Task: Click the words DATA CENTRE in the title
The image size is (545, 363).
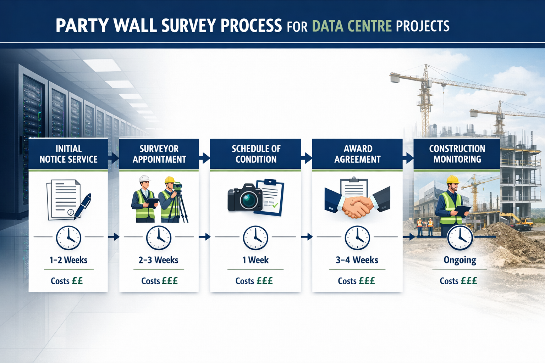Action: coord(352,26)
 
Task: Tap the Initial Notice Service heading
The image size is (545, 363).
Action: coord(68,154)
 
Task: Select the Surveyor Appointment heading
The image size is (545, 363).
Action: coord(159,154)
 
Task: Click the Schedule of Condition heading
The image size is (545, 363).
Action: coord(256,154)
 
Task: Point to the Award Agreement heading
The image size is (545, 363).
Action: coord(358,154)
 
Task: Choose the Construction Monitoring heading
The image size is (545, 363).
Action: coord(457,154)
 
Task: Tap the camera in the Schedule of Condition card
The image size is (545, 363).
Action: coord(245,198)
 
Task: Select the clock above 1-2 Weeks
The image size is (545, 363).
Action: coord(68,238)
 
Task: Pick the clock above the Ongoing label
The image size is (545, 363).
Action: coord(460,238)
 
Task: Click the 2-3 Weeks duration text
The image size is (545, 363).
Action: coord(159,260)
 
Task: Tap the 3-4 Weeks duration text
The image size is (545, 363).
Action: coord(357,260)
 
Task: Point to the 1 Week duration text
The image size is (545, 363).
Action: coord(255,260)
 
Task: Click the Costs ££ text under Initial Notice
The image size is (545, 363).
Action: coord(67,281)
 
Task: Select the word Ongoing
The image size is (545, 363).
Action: coord(460,261)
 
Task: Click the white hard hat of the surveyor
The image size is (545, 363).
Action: coord(144,179)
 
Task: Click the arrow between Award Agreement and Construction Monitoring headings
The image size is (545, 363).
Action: coord(408,158)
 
